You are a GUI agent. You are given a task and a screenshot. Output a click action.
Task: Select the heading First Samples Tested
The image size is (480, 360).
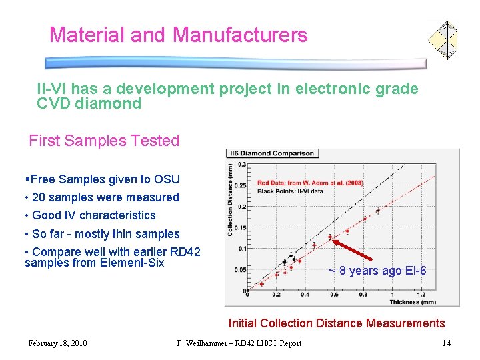104,141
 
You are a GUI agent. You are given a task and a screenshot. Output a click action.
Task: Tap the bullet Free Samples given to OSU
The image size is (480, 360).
105,179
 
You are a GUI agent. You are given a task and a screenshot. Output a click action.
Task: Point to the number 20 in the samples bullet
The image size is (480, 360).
39,197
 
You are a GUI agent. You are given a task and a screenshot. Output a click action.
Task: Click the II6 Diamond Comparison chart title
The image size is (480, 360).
272,153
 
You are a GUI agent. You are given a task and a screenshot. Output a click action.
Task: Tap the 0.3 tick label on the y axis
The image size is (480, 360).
242,164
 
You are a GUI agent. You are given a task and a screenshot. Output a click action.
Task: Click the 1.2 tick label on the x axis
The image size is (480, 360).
421,295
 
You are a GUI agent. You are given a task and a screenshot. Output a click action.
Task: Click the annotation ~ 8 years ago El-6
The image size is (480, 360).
377,271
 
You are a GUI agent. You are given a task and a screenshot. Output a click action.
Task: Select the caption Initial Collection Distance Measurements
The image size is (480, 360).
336,323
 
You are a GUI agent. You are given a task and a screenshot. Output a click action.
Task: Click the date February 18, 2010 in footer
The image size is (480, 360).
57,343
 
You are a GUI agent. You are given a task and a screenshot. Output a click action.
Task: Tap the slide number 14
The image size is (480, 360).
447,343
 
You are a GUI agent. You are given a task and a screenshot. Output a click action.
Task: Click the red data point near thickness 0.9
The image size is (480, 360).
378,211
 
